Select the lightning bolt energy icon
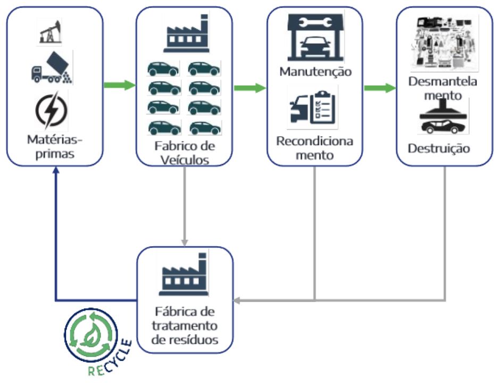pyautogui.click(x=52, y=111)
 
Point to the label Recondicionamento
pyautogui.click(x=314, y=148)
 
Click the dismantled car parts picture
pyautogui.click(x=445, y=43)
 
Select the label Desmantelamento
pyautogui.click(x=444, y=88)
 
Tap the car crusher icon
pyautogui.click(x=444, y=118)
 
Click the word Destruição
pyautogui.click(x=439, y=148)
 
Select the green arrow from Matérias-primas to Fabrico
pyautogui.click(x=119, y=85)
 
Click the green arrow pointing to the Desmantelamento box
pyautogui.click(x=380, y=88)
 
